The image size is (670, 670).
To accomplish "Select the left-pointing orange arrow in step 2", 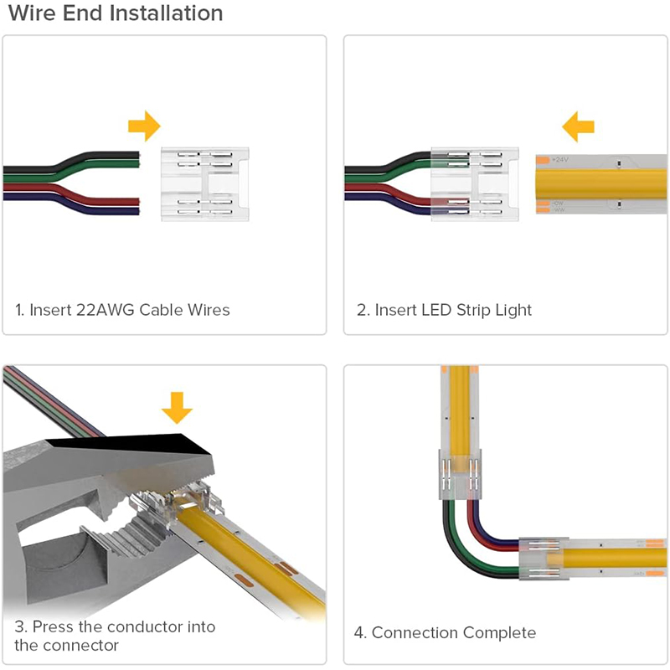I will (577, 127).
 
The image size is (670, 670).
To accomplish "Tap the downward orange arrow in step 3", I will (177, 408).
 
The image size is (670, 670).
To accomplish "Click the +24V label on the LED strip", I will (559, 159).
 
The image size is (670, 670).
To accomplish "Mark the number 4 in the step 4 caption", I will (359, 633).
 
